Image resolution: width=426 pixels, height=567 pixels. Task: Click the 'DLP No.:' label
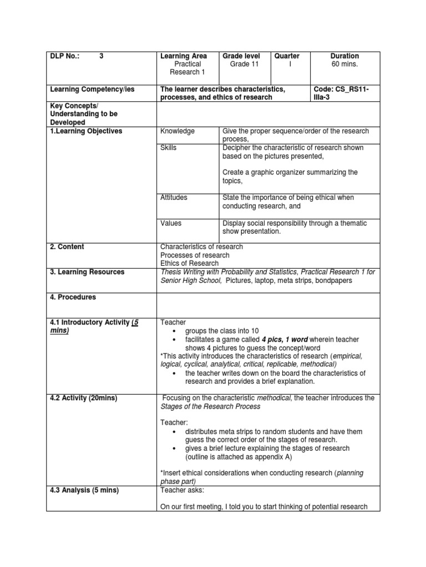tap(65, 56)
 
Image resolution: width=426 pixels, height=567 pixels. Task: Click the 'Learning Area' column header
tap(184, 56)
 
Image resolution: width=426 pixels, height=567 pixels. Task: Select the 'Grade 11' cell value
tap(244, 64)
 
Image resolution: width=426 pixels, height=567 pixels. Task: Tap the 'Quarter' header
tap(287, 56)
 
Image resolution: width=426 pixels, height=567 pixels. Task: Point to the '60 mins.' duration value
tap(344, 64)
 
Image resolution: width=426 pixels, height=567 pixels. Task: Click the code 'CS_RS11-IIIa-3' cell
tap(345, 93)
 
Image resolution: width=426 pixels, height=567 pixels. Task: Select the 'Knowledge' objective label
tap(177, 131)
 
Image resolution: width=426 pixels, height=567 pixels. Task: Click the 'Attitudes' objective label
tap(174, 198)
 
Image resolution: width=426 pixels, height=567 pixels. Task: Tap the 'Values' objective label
tap(171, 223)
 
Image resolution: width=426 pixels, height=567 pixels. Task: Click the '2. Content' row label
tap(67, 247)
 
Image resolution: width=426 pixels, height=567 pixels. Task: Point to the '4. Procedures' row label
tap(73, 297)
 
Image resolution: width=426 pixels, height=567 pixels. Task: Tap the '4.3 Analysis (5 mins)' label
tap(84, 490)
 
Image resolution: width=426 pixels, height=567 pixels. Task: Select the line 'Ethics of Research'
tap(189, 264)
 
